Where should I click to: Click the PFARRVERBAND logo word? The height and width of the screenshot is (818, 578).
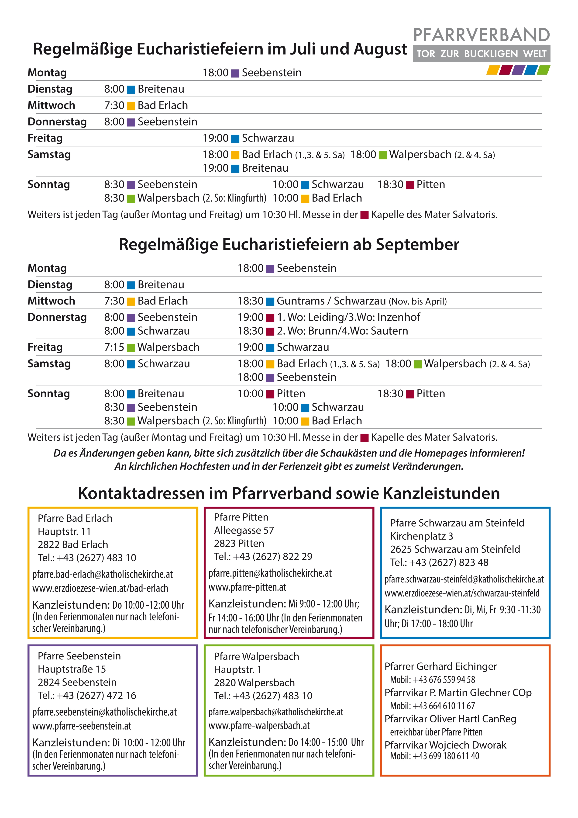tap(482, 35)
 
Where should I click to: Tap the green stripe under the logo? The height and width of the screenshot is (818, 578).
tap(544, 70)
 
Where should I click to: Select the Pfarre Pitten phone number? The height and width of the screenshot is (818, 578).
tap(263, 557)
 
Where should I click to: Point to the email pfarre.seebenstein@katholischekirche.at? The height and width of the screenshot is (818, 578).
tap(104, 712)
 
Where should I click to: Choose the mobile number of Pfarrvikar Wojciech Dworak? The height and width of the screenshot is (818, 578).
tap(434, 756)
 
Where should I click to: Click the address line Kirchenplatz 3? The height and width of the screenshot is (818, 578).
tap(421, 536)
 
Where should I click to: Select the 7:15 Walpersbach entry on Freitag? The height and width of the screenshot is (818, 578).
tap(152, 347)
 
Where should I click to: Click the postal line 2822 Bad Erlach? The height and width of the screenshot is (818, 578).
tap(73, 544)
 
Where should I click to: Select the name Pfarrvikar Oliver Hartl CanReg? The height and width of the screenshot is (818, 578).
tap(450, 719)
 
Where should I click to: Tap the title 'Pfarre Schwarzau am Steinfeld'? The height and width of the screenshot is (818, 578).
tap(457, 523)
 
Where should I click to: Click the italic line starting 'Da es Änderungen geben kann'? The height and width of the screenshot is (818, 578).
tap(289, 453)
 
